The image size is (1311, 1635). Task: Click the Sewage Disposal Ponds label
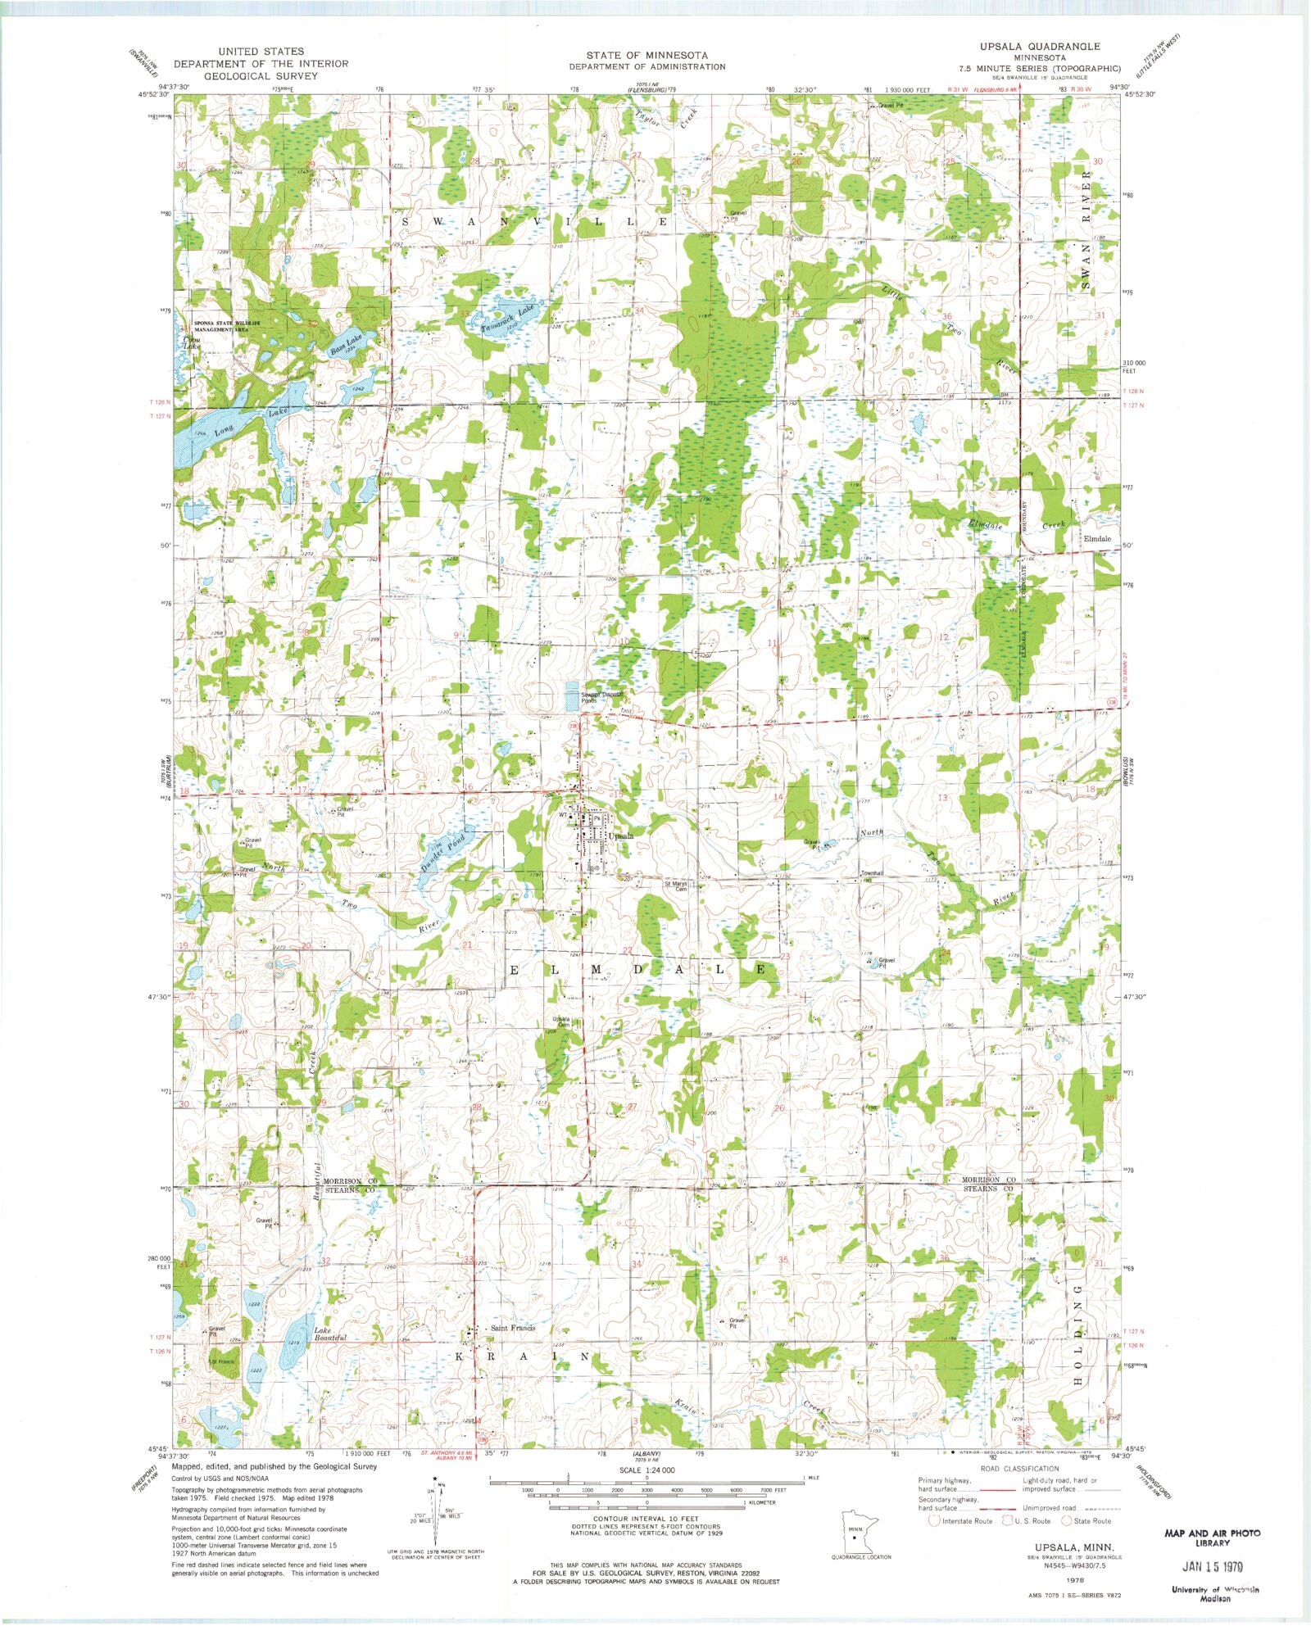602,697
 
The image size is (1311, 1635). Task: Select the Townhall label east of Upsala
872,873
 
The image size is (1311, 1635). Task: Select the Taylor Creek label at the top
666,118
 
